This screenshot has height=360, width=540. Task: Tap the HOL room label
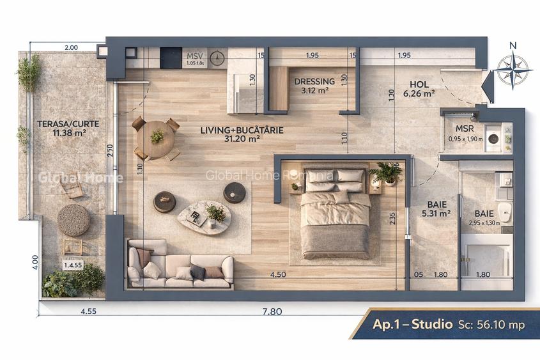point(419,84)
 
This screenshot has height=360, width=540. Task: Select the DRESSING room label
point(314,82)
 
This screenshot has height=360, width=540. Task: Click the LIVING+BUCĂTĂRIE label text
point(242,130)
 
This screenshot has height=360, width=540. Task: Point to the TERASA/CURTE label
point(59,124)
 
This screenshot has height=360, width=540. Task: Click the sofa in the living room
point(181,265)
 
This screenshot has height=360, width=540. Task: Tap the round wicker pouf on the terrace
point(73,220)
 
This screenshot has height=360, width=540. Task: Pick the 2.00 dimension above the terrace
point(71,47)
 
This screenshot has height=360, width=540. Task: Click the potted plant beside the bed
point(387,173)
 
